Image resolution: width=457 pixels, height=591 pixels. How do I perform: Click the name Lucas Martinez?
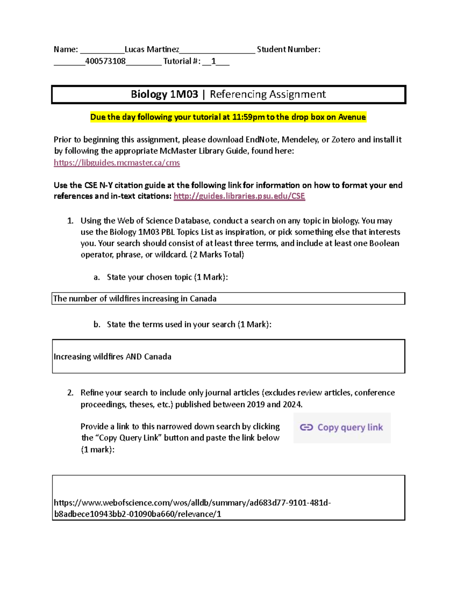point(152,49)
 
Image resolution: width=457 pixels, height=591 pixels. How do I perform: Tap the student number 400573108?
point(105,61)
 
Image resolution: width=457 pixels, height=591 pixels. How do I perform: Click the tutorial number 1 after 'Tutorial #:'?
point(213,61)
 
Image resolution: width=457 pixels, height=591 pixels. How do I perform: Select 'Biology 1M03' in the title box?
point(164,94)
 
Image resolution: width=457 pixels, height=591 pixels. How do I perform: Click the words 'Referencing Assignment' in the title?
point(268,94)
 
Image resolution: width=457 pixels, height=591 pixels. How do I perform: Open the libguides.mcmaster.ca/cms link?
point(117,163)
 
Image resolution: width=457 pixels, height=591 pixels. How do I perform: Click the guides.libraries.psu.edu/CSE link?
point(239,196)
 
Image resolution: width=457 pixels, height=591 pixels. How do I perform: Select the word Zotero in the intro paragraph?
point(343,140)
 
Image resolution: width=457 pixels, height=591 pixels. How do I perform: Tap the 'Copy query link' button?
point(342,428)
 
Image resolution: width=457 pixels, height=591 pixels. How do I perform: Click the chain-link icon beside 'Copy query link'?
point(306,428)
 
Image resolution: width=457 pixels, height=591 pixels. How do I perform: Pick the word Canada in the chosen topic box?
point(203,299)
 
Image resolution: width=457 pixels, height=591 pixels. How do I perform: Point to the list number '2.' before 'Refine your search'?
point(70,393)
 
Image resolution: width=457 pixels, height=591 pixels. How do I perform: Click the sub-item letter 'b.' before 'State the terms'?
point(97,325)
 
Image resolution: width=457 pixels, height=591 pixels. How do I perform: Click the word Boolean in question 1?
point(384,244)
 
